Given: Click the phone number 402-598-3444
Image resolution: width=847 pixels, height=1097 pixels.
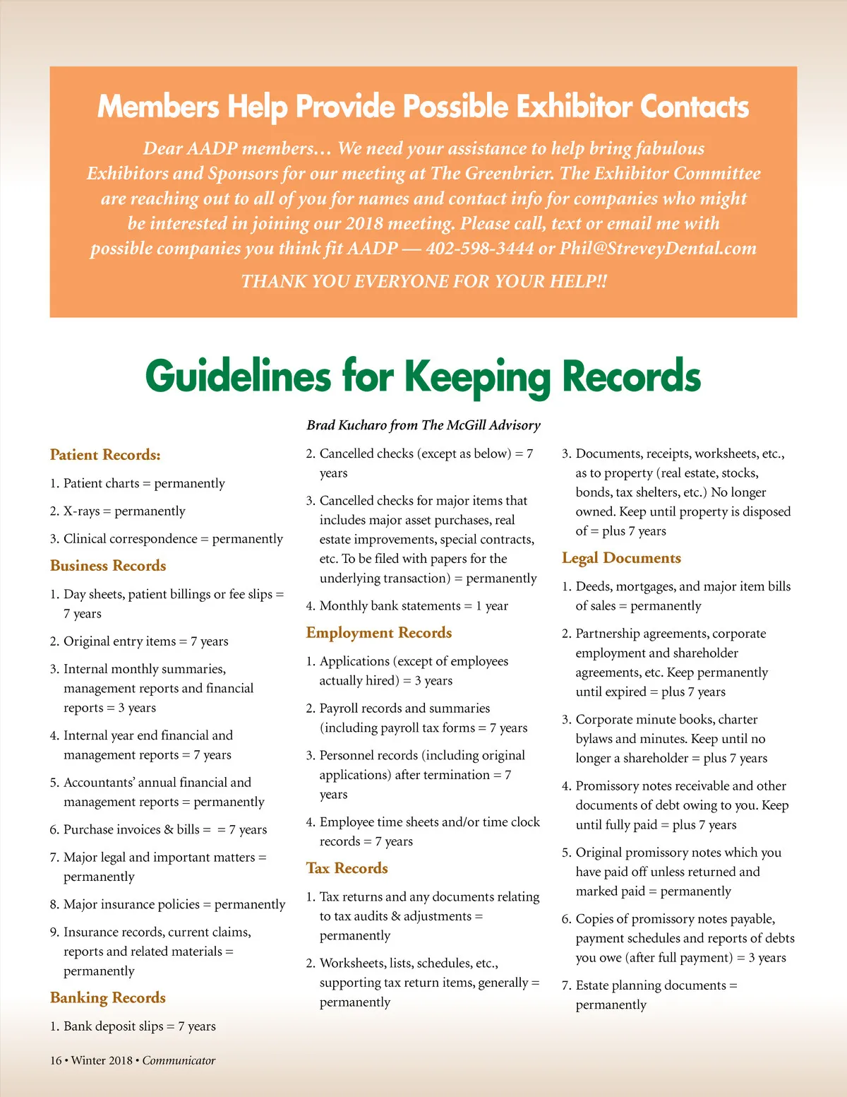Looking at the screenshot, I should point(480,249).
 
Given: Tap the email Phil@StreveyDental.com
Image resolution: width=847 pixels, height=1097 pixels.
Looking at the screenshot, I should point(658,249).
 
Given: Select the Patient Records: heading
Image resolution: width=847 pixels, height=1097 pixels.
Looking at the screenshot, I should point(105,455).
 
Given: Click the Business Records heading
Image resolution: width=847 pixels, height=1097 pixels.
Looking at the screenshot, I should point(108,566).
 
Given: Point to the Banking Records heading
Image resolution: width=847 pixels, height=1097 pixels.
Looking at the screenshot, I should point(108,998).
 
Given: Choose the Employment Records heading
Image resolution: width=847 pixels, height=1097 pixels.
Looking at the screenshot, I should point(379,633).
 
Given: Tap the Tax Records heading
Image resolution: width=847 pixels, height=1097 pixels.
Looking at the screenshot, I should point(347,868).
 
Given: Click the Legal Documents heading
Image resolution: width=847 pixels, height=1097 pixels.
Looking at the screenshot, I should point(621,558).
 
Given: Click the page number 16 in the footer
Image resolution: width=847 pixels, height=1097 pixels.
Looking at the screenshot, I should point(56,1060).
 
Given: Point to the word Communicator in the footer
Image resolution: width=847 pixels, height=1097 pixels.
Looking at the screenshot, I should point(179,1060).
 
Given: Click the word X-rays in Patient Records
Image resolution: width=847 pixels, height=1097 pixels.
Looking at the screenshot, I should point(82,511).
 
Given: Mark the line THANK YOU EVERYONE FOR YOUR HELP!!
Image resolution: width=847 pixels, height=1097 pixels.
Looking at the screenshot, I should point(423,281).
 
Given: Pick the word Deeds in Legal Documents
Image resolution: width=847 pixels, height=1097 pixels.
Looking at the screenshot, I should point(594,586).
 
